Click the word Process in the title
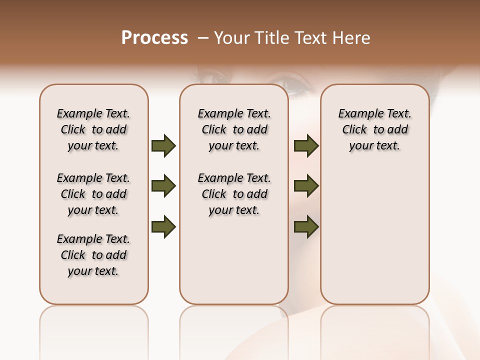tap(154, 38)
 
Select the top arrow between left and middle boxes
tap(163, 146)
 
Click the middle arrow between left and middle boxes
tap(163, 186)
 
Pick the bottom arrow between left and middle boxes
tap(163, 227)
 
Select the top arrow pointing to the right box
tap(306, 146)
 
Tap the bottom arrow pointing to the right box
tap(306, 227)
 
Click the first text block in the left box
tap(93, 129)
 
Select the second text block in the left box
tap(93, 194)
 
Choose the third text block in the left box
tap(93, 255)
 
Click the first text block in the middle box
tap(234, 129)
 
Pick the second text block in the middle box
tap(234, 194)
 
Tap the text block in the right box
tap(375, 129)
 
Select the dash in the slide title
tap(202, 38)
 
